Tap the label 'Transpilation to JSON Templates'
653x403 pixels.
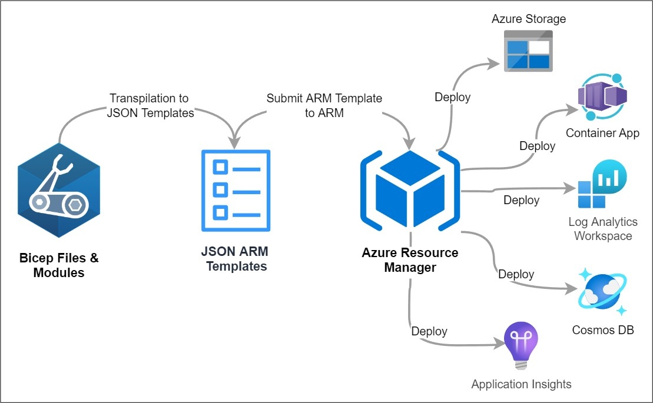[150, 106]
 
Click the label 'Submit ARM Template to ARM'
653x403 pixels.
[324, 106]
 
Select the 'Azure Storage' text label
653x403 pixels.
[529, 19]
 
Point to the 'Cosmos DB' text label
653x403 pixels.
[603, 330]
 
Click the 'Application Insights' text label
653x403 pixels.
[521, 384]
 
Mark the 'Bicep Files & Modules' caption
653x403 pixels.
[59, 265]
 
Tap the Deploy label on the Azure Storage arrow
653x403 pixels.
[453, 97]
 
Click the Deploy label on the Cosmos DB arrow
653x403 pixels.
[516, 274]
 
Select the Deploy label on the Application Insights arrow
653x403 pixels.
[429, 331]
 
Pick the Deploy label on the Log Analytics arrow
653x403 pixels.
[521, 201]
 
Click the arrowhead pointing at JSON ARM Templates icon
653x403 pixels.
[235, 143]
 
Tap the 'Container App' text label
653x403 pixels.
[602, 133]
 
